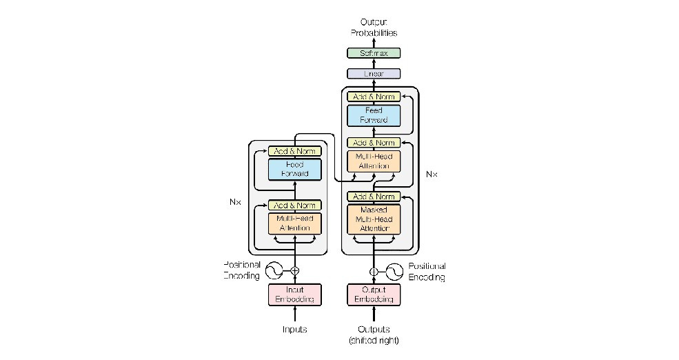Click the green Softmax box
pyautogui.click(x=373, y=53)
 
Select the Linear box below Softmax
pyautogui.click(x=373, y=74)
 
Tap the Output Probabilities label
pyautogui.click(x=373, y=28)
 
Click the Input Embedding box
pyautogui.click(x=295, y=294)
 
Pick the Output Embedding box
pyautogui.click(x=373, y=294)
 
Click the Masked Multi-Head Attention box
pyautogui.click(x=373, y=219)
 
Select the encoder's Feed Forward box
pyautogui.click(x=295, y=169)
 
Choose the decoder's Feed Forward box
pyautogui.click(x=373, y=115)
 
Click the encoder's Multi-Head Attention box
pyautogui.click(x=295, y=223)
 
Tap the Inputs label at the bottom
pyautogui.click(x=295, y=330)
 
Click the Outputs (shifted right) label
pyautogui.click(x=373, y=334)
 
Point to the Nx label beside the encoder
pyautogui.click(x=234, y=203)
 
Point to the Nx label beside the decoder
pyautogui.click(x=432, y=174)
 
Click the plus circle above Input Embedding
pyautogui.click(x=295, y=270)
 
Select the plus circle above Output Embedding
pyautogui.click(x=373, y=271)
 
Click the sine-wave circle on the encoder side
pyautogui.click(x=275, y=270)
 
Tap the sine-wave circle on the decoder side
pyautogui.click(x=394, y=271)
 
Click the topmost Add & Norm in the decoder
pyautogui.click(x=373, y=97)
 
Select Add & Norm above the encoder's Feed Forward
pyautogui.click(x=295, y=151)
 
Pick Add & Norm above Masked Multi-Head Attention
pyautogui.click(x=373, y=197)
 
